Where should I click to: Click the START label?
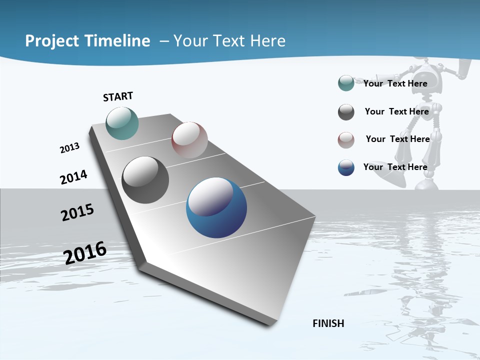point(118,96)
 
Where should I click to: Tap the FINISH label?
point(328,323)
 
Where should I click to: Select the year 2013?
point(69,148)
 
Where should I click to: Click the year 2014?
point(73,177)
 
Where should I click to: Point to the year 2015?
point(77,212)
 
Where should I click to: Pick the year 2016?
point(85,252)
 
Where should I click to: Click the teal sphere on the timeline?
point(122,123)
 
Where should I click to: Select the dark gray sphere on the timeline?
point(145,180)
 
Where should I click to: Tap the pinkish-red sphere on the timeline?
point(189,140)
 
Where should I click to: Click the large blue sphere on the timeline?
point(216,207)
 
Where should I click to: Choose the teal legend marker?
point(346,83)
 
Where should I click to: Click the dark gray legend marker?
point(346,112)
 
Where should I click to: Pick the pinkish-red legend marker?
point(346,140)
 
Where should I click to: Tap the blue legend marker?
point(346,167)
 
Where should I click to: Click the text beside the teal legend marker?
point(395,83)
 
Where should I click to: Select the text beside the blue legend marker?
point(395,167)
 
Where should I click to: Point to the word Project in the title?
point(52,41)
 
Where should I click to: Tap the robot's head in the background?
point(430,73)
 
